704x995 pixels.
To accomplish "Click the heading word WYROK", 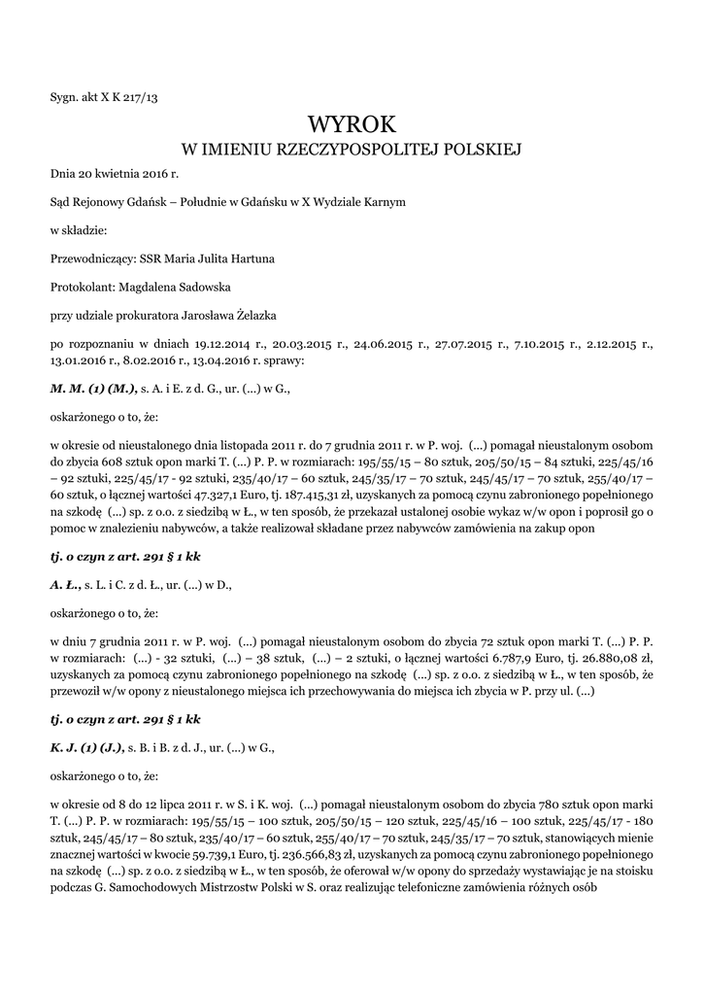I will point(352,123).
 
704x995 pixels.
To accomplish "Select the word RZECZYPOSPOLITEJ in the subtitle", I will point(361,151).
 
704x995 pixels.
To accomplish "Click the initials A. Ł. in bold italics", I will point(65,585).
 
